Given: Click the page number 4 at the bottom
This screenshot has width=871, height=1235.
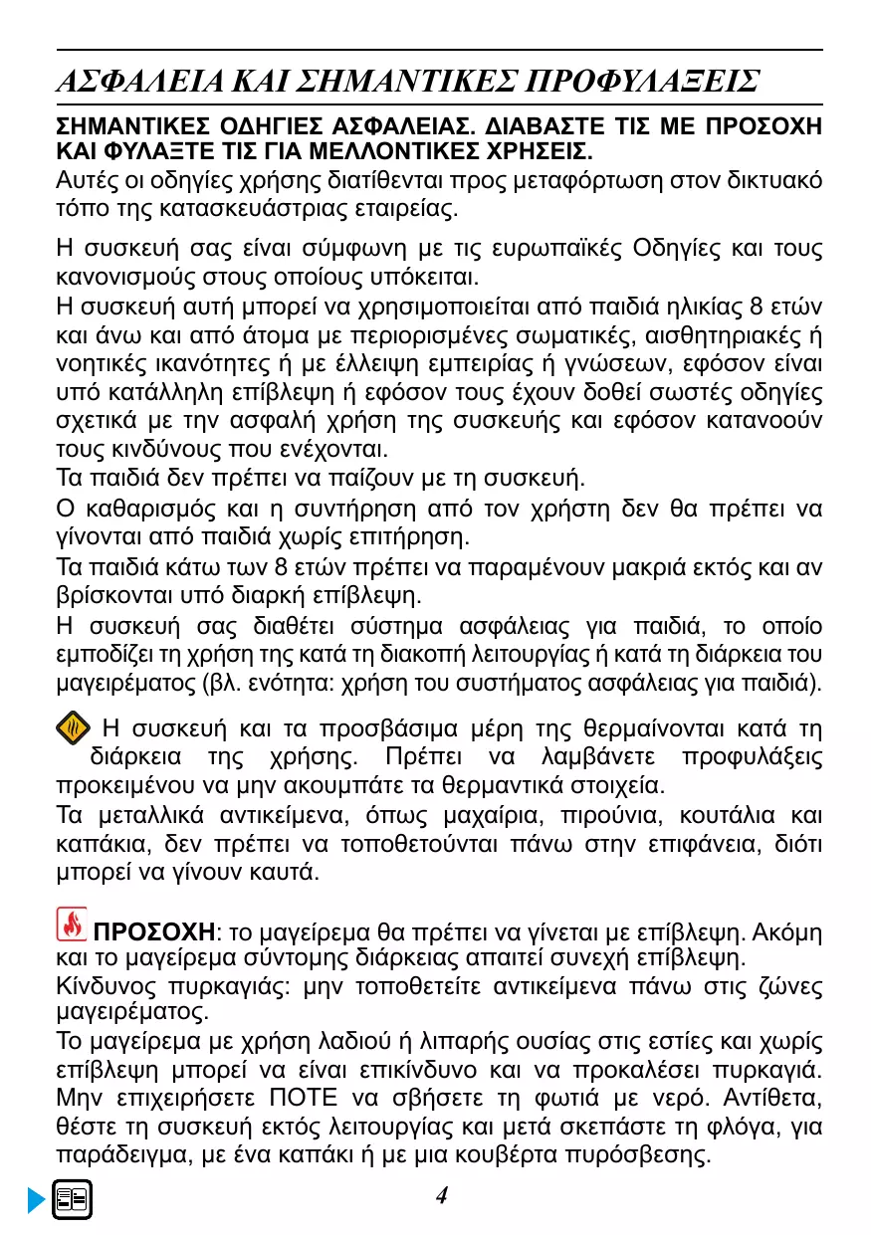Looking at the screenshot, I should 442,1195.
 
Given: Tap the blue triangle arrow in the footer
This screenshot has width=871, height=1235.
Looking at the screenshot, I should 37,1201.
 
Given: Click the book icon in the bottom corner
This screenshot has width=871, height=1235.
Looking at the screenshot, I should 73,1199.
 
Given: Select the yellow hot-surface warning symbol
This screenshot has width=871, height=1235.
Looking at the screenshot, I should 73,729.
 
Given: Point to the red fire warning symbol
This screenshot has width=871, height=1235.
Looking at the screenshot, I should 72,926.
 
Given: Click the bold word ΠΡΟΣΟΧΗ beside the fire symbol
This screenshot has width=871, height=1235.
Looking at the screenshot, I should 153,932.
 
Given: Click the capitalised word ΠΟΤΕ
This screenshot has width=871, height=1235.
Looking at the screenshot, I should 304,1104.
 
